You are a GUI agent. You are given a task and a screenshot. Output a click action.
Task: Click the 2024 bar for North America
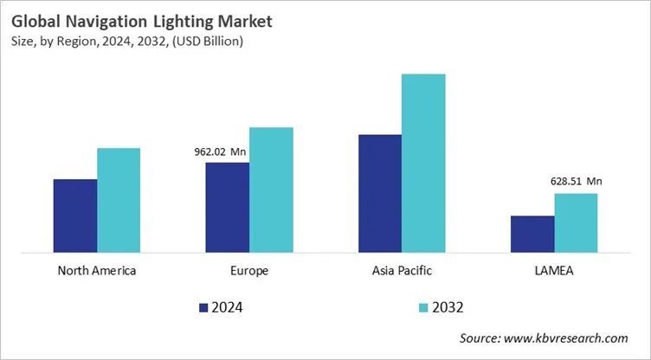[x=75, y=216]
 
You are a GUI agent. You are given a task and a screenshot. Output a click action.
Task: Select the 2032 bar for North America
[x=119, y=201]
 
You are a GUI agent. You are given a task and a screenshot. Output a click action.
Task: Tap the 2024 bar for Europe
[x=227, y=208]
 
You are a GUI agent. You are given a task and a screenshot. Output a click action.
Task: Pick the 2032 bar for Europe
[x=271, y=190]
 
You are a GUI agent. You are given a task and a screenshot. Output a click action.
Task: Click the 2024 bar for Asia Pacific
[x=379, y=194]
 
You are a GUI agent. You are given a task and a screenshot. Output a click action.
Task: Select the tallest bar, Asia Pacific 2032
[x=423, y=164]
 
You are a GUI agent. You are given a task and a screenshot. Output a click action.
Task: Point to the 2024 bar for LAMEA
[x=532, y=235]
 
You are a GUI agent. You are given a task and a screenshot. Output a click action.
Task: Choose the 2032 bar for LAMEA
[x=576, y=223]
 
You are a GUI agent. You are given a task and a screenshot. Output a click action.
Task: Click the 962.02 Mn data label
[x=221, y=152]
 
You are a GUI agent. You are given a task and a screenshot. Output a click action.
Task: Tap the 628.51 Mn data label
[x=576, y=182]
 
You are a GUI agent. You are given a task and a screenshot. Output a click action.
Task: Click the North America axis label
[x=97, y=271]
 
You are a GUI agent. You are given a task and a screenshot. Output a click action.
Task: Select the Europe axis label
[x=249, y=271]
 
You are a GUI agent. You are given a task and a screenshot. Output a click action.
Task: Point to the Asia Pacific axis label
[x=401, y=271]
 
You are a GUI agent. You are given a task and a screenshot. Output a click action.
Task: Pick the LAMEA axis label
[x=554, y=271]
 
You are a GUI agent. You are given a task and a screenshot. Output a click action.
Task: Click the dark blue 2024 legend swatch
[x=203, y=307]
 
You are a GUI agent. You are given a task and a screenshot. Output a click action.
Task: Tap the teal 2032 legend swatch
[x=423, y=307]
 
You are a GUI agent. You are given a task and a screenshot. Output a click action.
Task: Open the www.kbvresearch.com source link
[x=567, y=338]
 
